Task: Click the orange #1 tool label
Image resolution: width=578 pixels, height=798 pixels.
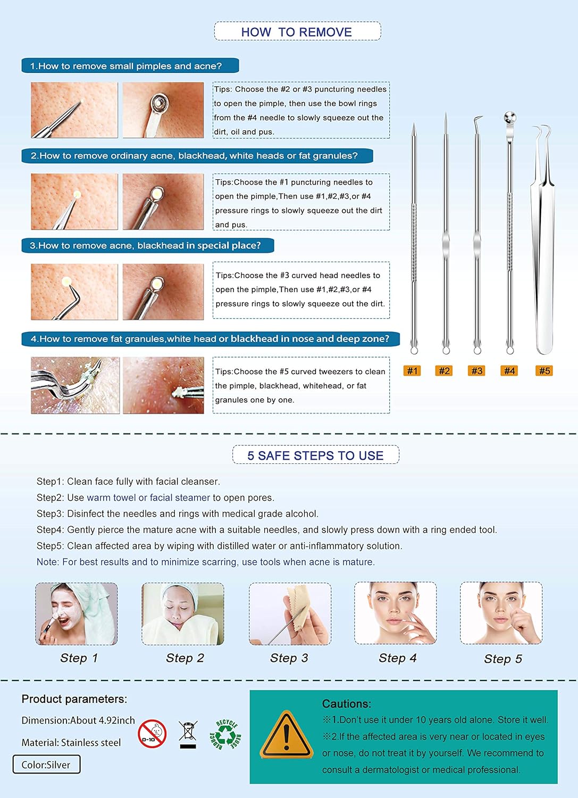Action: point(412,371)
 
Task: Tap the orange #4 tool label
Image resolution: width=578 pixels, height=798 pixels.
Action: point(509,371)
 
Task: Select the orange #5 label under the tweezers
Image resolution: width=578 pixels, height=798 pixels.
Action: point(544,371)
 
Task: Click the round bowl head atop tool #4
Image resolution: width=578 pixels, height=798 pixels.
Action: point(510,118)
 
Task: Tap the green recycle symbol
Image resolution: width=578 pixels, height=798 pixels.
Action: point(225,735)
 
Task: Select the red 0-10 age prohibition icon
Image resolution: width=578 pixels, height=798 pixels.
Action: point(152,734)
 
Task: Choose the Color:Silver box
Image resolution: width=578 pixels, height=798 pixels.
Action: point(46,764)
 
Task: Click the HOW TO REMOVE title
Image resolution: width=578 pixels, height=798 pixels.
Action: point(297,32)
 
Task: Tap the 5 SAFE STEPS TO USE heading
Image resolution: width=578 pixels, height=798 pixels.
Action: point(315,455)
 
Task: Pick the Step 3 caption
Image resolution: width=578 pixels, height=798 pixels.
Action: point(289,658)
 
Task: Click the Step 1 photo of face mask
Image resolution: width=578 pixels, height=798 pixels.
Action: point(77,613)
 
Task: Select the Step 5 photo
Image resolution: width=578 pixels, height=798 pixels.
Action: point(501,613)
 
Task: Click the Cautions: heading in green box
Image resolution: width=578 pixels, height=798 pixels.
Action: point(347,703)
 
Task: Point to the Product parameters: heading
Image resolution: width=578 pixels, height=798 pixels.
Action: point(74,699)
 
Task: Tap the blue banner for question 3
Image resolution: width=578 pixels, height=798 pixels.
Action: point(147,245)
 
